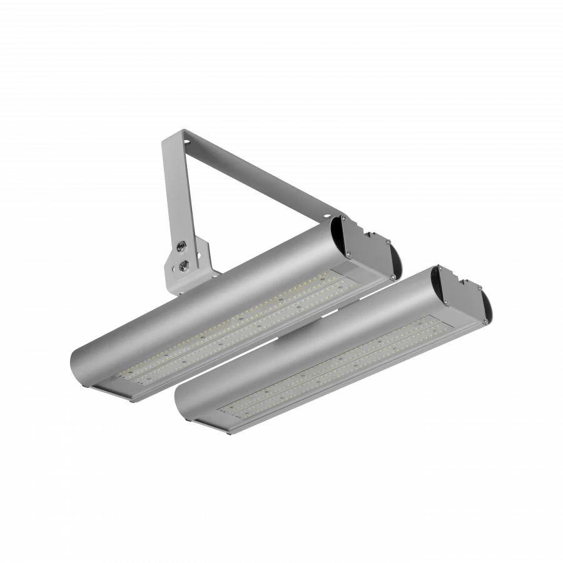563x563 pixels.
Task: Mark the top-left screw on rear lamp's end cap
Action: point(343,221)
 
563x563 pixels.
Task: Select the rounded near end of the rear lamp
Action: point(84,363)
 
